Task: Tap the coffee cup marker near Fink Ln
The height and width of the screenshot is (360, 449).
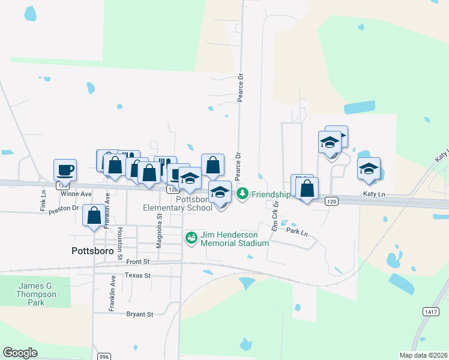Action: coord(65,170)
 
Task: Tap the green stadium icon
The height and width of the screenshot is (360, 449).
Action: coord(191,238)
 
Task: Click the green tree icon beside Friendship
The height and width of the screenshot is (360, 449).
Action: coord(243,194)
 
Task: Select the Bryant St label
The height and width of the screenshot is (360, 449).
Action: coord(140,314)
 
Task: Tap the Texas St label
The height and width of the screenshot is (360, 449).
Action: coord(138,275)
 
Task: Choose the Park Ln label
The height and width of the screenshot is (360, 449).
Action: coord(297,231)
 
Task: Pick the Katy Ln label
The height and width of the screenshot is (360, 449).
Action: coord(374,194)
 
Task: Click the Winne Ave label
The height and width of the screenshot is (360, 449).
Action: coord(76,194)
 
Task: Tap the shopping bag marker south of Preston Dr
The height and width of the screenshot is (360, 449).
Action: coord(94,217)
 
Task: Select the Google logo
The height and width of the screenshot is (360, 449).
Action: coord(20,353)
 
